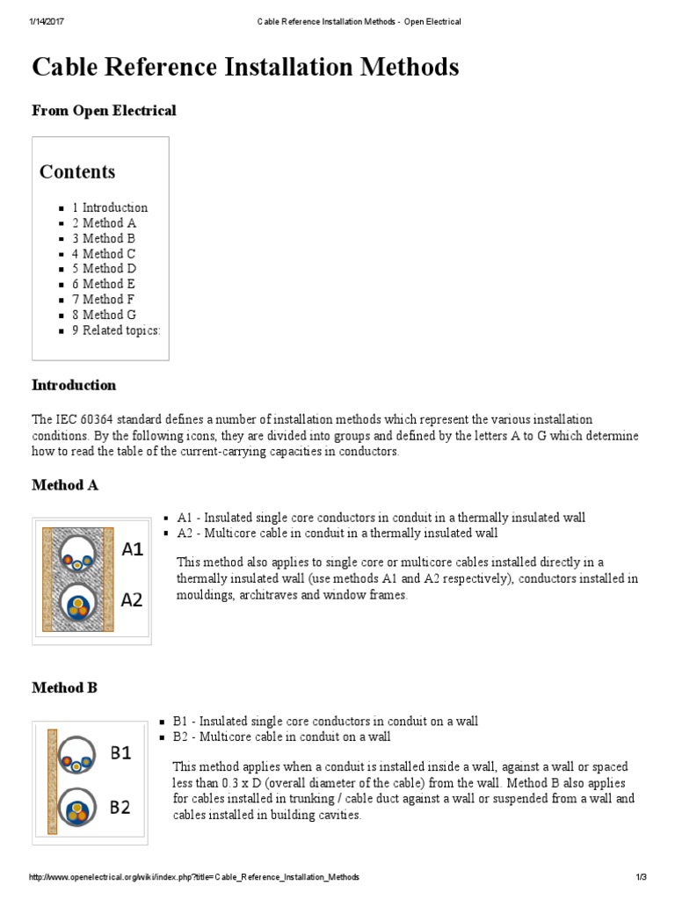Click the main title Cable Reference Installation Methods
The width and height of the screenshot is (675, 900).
tap(245, 68)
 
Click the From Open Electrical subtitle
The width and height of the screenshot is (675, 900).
tap(104, 111)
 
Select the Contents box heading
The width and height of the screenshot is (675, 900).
tap(77, 171)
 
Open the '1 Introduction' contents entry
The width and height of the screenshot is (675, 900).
tap(110, 207)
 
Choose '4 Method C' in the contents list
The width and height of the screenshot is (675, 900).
tap(104, 253)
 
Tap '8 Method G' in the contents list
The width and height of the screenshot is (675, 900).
tap(104, 315)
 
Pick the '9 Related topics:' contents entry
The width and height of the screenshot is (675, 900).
tap(116, 330)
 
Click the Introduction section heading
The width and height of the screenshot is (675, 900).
tap(74, 385)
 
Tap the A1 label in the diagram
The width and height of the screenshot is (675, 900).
tap(132, 550)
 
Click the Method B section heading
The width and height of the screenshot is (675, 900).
tap(64, 687)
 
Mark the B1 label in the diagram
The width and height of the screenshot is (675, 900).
tap(120, 753)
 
